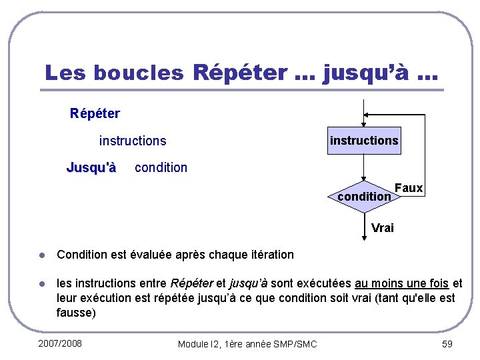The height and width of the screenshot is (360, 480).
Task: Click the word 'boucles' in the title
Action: [139, 73]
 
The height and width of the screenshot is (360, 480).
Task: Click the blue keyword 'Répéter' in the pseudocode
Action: [95, 113]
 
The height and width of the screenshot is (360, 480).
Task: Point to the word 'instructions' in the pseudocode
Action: [133, 141]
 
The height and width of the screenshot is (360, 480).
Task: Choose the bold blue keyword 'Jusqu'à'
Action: [91, 167]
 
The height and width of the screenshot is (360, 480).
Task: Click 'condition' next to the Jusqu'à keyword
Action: [161, 167]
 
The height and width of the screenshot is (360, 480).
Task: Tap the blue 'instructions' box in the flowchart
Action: [364, 141]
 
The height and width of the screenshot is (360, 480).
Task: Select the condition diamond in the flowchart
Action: [364, 197]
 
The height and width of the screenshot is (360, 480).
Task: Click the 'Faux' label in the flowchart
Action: [408, 188]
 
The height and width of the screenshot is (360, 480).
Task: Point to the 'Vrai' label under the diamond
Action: [383, 228]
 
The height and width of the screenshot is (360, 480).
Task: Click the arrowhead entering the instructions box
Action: [364, 123]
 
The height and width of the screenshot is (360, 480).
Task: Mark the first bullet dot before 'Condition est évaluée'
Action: [41, 255]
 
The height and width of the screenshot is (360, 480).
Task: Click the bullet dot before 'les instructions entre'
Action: [41, 284]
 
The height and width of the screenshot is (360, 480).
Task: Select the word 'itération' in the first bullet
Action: [270, 255]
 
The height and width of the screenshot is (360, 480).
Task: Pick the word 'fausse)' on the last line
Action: [77, 312]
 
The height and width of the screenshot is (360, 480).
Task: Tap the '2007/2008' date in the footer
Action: [60, 343]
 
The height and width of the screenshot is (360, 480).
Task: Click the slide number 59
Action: [447, 343]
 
